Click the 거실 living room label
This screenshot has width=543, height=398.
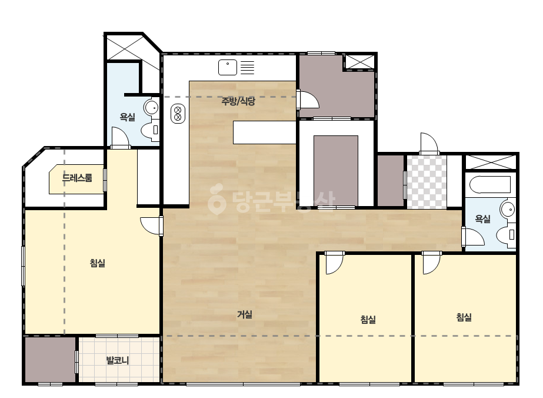click(x=245, y=315)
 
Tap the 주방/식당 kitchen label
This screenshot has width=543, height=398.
click(x=238, y=101)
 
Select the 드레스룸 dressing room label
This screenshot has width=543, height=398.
click(x=77, y=178)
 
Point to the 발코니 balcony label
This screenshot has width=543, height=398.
click(x=118, y=360)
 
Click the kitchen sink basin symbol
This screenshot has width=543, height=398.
click(x=228, y=67)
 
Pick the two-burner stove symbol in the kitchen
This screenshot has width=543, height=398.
click(x=178, y=114)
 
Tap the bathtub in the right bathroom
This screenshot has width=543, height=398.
click(x=491, y=185)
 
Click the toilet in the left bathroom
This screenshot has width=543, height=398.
click(x=150, y=130)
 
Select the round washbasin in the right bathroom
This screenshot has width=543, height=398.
click(x=508, y=210)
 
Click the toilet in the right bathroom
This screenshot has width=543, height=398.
click(x=506, y=235)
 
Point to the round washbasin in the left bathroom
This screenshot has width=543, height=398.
click(x=151, y=108)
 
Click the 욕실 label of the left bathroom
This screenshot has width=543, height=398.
click(x=128, y=117)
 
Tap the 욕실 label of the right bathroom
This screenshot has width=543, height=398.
click(x=483, y=219)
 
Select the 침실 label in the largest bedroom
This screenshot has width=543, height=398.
click(x=97, y=263)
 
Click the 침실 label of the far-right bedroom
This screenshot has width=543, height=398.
click(x=464, y=317)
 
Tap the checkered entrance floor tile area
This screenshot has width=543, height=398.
click(x=427, y=183)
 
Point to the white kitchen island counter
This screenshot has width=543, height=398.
click(x=264, y=132)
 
